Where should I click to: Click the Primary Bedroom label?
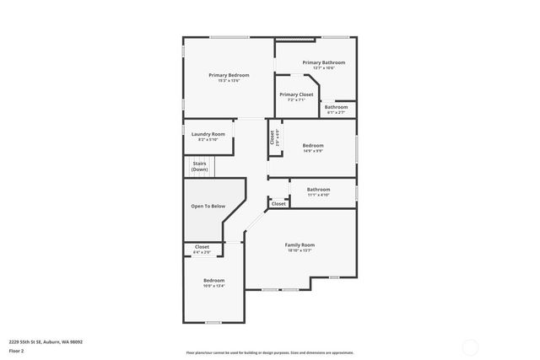(x=229, y=75)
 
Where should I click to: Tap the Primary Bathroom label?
(x=323, y=62)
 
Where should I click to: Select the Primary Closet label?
(x=296, y=94)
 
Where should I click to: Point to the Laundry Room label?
(x=208, y=134)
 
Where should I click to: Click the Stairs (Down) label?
(x=200, y=166)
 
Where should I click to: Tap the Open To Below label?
(x=208, y=206)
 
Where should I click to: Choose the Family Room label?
(x=300, y=244)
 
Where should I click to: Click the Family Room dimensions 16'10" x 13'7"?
(x=300, y=250)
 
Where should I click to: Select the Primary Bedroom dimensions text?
(x=229, y=81)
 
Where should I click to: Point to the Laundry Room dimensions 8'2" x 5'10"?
(x=208, y=140)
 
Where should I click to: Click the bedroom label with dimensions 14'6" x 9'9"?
(x=313, y=145)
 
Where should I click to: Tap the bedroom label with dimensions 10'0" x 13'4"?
(x=213, y=280)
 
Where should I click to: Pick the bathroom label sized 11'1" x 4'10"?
(x=318, y=190)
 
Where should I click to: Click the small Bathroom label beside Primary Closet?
(x=336, y=107)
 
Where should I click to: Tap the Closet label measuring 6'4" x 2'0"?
(x=202, y=247)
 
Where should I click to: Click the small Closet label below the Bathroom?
(x=278, y=204)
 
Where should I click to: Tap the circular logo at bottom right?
(x=471, y=345)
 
